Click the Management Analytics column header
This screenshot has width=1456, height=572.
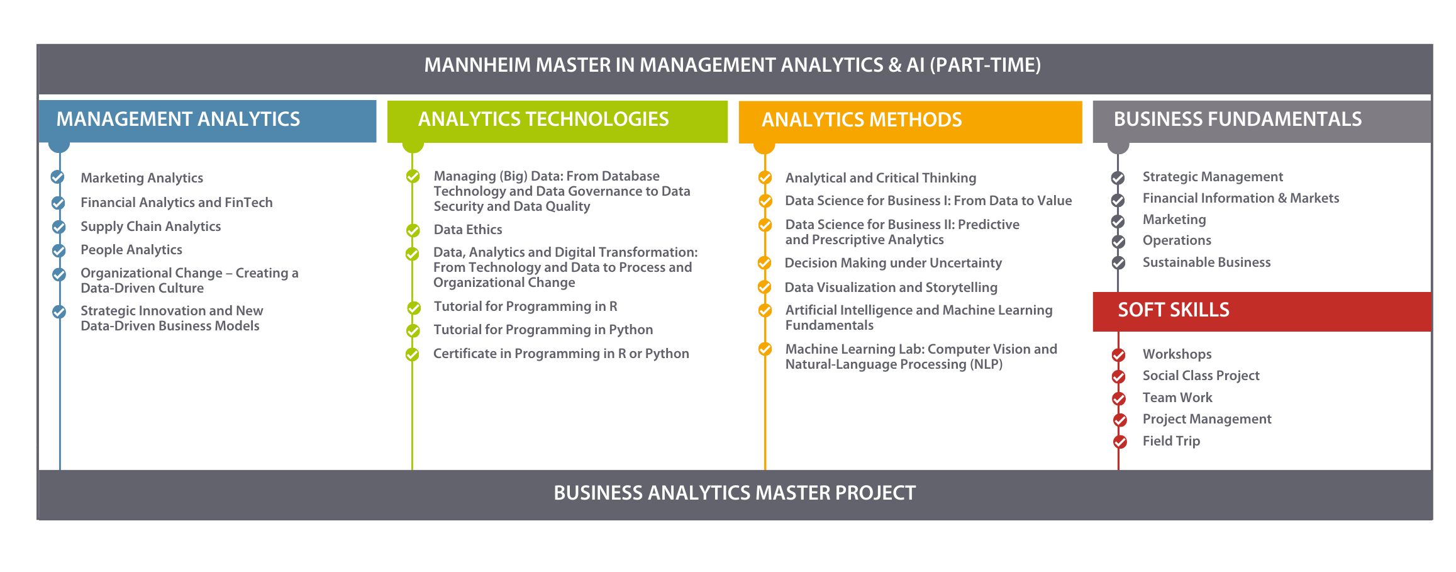[x=208, y=121]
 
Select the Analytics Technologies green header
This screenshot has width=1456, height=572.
[x=557, y=121]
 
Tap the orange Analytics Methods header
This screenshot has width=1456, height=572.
[x=910, y=122]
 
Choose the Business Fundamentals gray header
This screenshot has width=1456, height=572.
[x=1262, y=121]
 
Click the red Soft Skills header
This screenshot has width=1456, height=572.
[x=1262, y=311]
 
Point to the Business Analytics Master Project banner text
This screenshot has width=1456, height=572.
[x=735, y=493]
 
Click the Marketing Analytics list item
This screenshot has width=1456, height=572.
[x=142, y=178]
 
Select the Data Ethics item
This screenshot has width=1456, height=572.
[x=468, y=230]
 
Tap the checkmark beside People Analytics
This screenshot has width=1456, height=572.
[x=58, y=250]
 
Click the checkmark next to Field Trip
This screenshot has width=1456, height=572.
[x=1120, y=442]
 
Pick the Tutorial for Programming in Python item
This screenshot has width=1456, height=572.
[x=543, y=330]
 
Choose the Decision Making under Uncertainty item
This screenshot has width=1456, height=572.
[x=893, y=263]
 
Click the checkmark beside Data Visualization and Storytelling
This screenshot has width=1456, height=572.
[x=765, y=287]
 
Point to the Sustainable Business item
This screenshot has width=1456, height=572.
[x=1206, y=262]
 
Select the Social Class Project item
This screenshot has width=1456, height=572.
[x=1201, y=376]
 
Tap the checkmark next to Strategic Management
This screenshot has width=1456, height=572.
[x=1118, y=178]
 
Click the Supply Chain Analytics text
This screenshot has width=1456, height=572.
[x=150, y=227]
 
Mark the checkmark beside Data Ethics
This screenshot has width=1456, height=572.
[x=413, y=231]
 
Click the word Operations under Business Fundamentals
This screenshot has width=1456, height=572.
[x=1177, y=240]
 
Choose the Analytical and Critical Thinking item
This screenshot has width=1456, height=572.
[x=881, y=178]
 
